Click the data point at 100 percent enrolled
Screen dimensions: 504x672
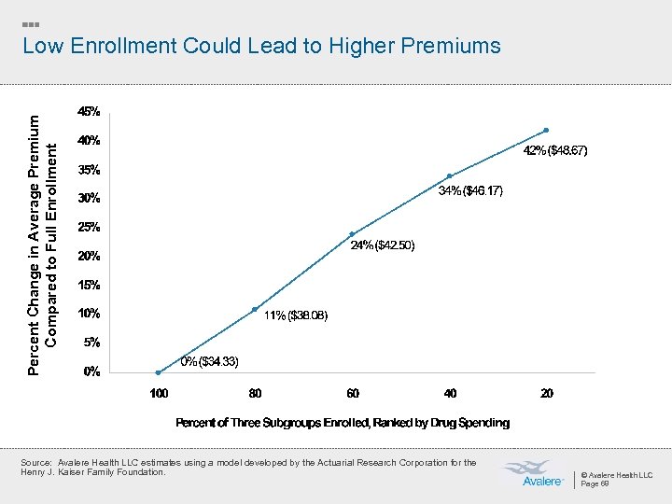(159, 372)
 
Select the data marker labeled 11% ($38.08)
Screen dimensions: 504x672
(255, 310)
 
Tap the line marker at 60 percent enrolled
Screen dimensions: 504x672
(352, 234)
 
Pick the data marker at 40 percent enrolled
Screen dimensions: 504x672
(449, 176)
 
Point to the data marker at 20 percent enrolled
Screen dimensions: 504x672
(546, 131)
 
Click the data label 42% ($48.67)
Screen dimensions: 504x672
(556, 150)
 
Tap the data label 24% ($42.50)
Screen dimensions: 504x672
(383, 245)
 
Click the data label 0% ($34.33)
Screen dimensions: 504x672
(210, 361)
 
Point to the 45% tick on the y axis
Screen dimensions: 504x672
(90, 112)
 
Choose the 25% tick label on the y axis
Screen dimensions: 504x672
(90, 227)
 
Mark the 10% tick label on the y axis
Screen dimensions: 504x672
(90, 313)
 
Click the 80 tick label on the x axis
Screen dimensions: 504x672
(256, 393)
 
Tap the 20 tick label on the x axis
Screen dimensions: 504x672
(547, 393)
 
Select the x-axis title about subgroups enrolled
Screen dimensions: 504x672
(343, 423)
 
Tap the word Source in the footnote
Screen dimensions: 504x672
(35, 463)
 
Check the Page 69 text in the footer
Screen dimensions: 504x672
(595, 484)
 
